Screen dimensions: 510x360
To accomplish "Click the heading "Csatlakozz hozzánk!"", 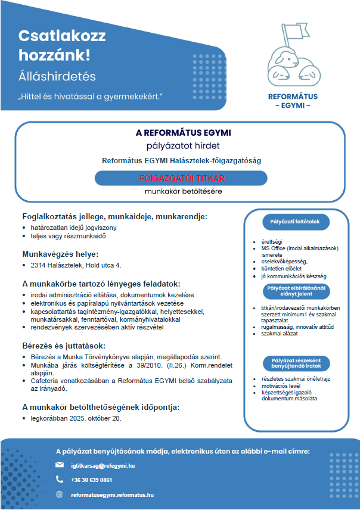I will [55, 46].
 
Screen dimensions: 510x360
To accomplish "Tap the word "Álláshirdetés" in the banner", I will [57, 76].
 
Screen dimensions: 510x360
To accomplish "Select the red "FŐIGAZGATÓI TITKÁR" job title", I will [181, 178].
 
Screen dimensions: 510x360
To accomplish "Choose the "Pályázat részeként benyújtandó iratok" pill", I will [296, 362].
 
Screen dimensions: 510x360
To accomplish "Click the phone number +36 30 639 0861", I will [91, 480].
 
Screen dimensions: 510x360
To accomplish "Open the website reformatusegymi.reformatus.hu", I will [112, 495].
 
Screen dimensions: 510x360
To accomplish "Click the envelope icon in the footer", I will [60, 465].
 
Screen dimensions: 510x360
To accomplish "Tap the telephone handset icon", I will [60, 479].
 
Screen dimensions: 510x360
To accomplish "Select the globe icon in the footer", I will [60, 494].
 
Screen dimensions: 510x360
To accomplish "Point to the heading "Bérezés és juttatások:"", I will [64, 346].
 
